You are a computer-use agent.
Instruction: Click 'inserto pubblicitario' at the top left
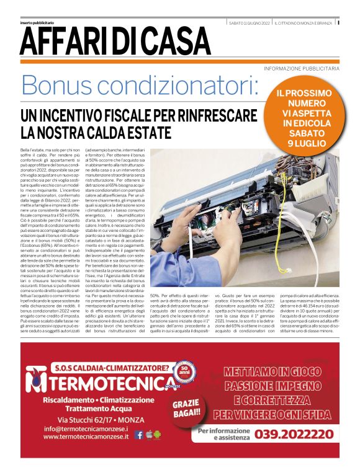coord(37,23)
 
